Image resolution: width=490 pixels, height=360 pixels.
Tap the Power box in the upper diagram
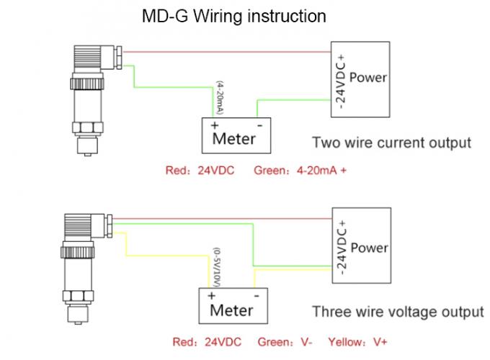tap(360, 76)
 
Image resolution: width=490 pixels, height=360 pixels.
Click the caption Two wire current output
tap(391, 142)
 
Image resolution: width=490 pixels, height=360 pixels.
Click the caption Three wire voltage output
tap(397, 312)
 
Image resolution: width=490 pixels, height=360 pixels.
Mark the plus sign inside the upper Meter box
tap(214, 125)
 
